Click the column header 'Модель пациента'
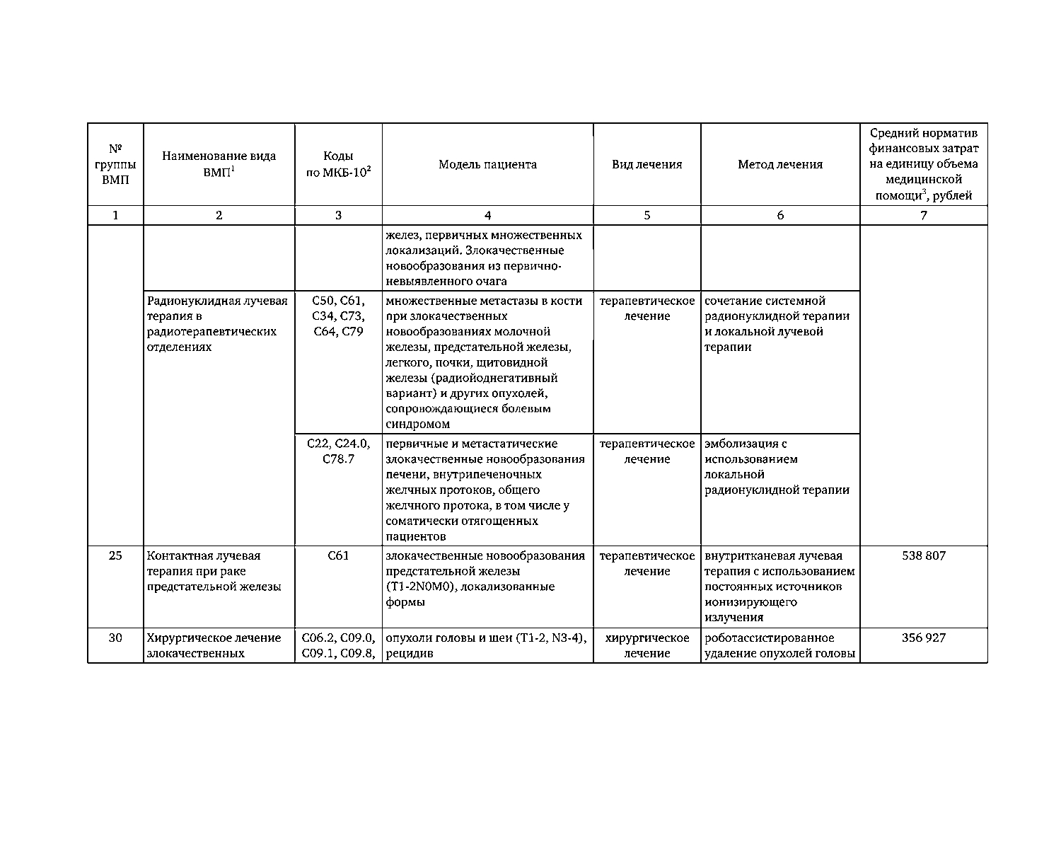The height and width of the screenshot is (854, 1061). tap(487, 165)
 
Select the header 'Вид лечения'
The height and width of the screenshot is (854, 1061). tap(647, 165)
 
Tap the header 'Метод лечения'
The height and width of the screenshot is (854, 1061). tap(780, 165)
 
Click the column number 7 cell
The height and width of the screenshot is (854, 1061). tap(923, 216)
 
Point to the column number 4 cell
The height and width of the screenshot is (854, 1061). tap(487, 216)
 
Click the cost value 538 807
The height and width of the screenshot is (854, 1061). tap(923, 556)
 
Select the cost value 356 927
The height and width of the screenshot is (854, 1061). tap(923, 638)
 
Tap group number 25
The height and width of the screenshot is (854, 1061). tap(115, 556)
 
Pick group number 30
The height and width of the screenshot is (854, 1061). tap(115, 638)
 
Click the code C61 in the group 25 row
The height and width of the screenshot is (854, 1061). tap(338, 556)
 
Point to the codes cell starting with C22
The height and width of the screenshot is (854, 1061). tap(338, 451)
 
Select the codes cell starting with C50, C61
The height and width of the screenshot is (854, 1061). tap(338, 316)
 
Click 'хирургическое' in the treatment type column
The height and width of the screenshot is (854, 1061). tap(647, 638)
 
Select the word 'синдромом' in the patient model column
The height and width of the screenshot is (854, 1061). tap(418, 425)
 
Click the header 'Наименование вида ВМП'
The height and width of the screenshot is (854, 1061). tap(219, 165)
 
